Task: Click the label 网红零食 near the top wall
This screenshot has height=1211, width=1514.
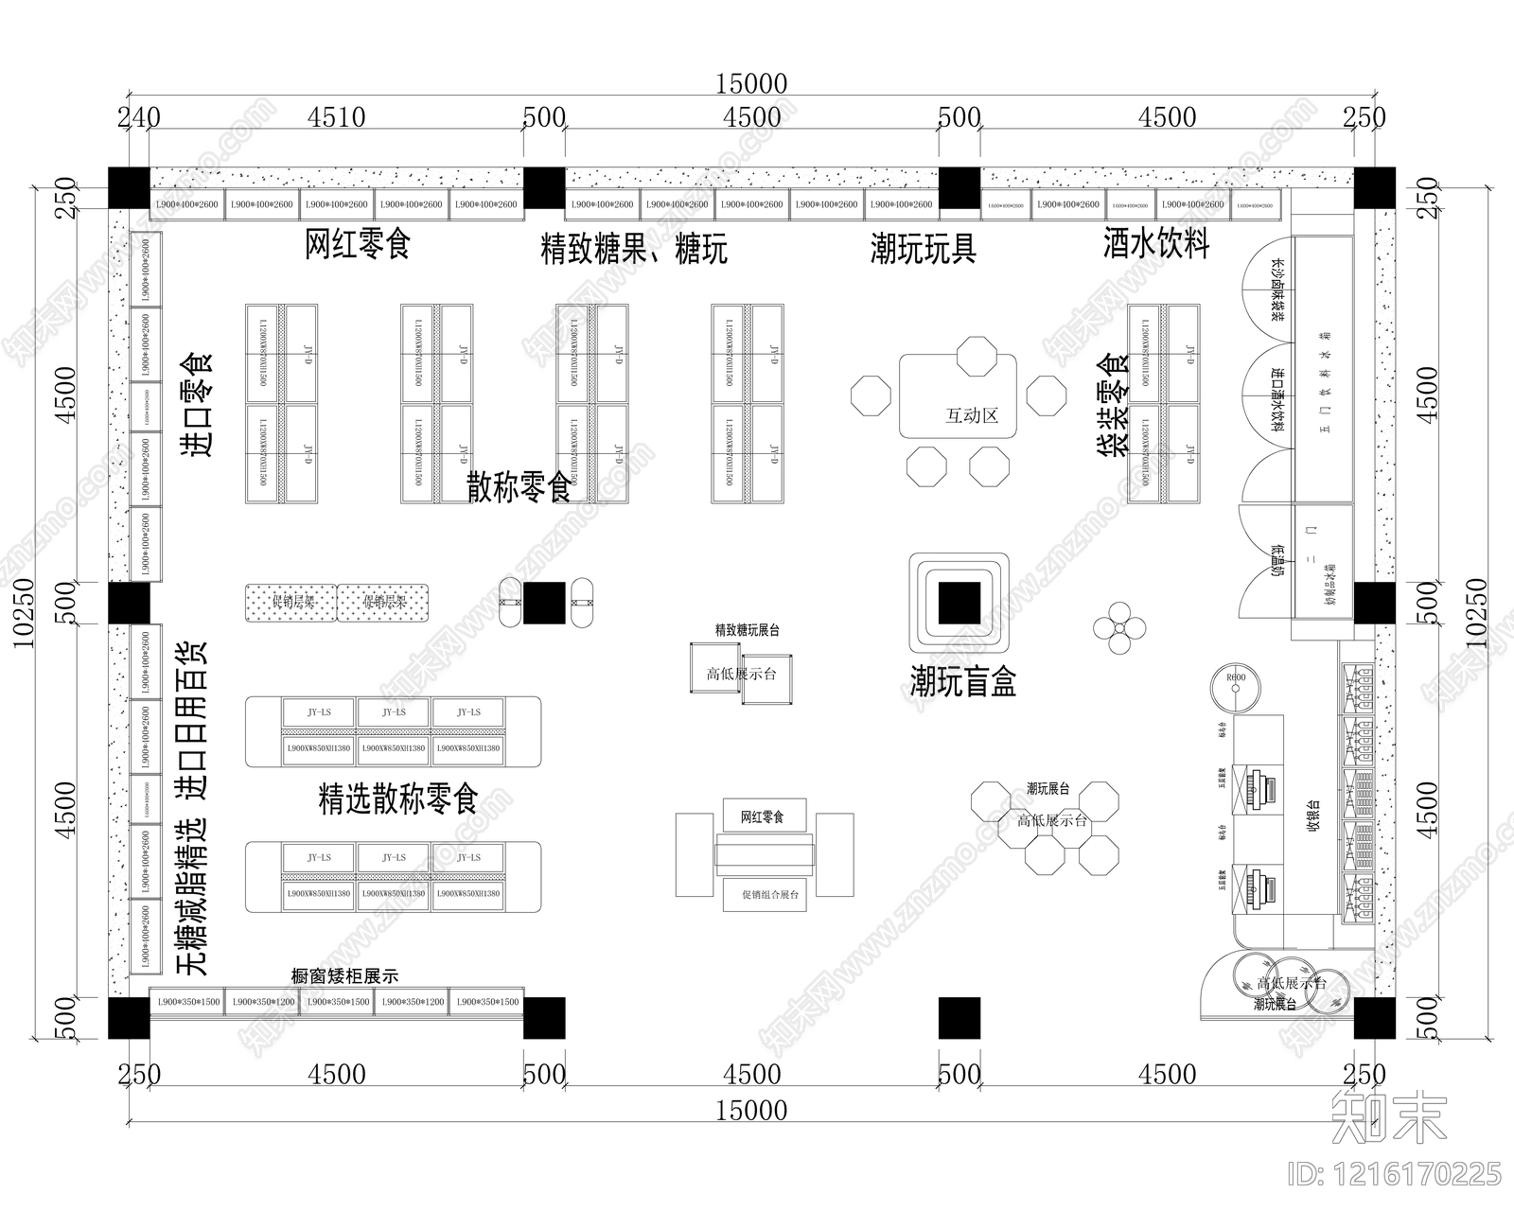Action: point(358,244)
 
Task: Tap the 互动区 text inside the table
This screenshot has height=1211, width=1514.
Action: point(972,415)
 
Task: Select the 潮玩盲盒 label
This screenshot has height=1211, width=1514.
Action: point(962,680)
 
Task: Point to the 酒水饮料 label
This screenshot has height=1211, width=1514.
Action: point(1156,244)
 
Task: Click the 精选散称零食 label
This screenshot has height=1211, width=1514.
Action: point(398,799)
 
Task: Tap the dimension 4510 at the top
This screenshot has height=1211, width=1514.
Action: point(338,117)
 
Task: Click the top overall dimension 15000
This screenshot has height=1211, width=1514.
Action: point(750,84)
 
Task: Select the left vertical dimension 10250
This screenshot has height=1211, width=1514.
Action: point(23,613)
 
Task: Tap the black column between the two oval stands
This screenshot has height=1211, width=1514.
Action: point(544,603)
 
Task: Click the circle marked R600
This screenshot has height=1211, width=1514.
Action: point(1236,688)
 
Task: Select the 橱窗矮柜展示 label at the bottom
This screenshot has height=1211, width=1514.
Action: point(344,976)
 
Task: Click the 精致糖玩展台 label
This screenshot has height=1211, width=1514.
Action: point(747,629)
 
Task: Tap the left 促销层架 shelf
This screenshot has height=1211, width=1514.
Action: point(291,603)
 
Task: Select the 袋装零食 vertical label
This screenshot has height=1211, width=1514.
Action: point(1114,404)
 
